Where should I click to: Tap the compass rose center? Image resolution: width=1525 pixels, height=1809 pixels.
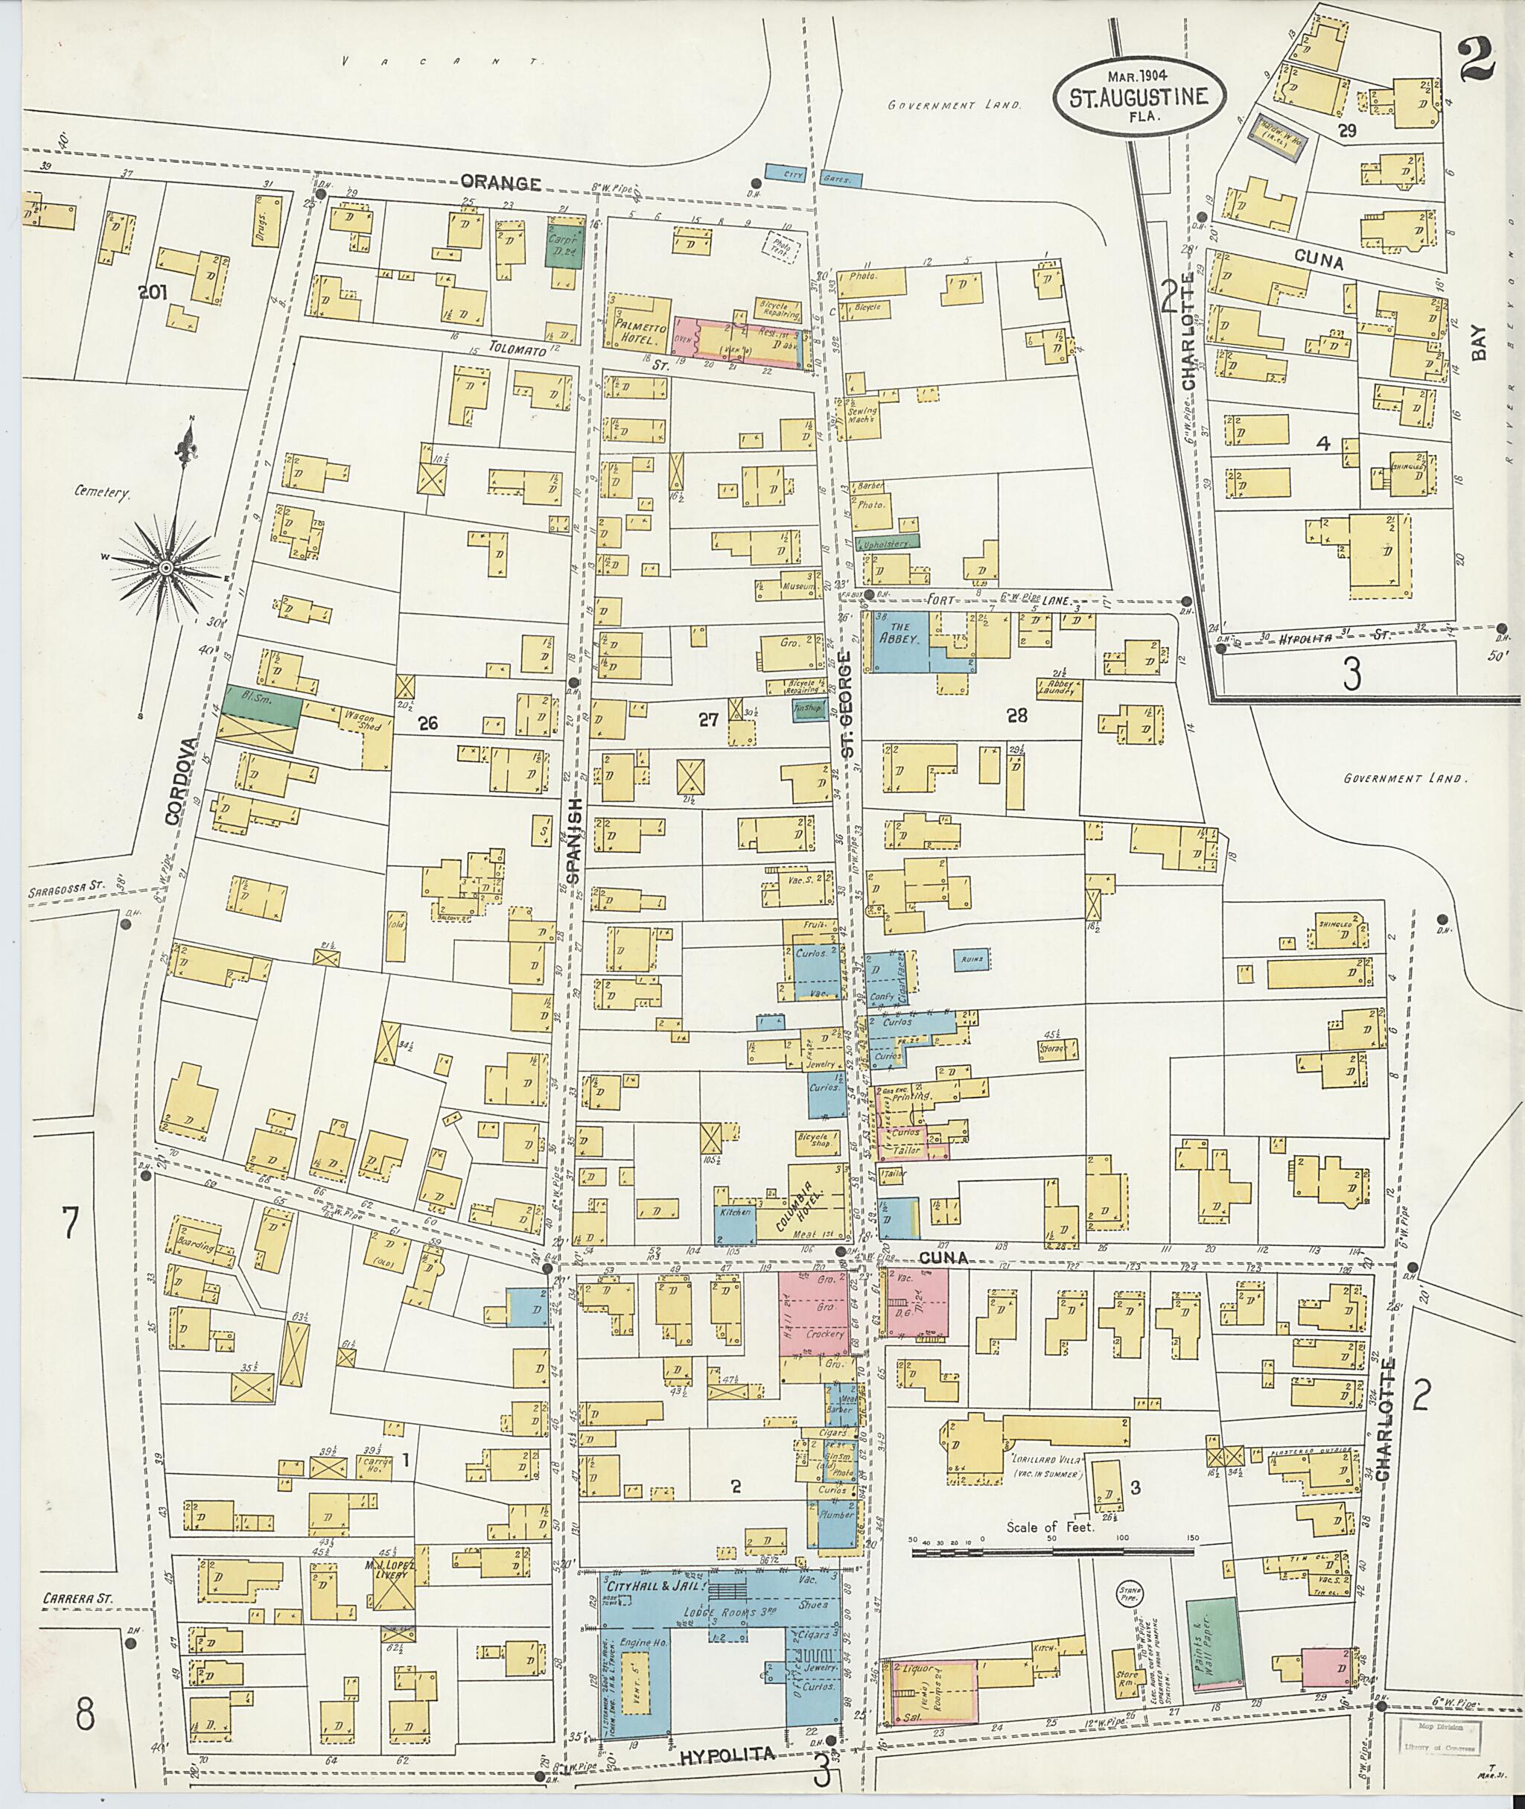click(165, 568)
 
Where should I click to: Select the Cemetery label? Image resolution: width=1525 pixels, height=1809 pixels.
click(102, 494)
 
